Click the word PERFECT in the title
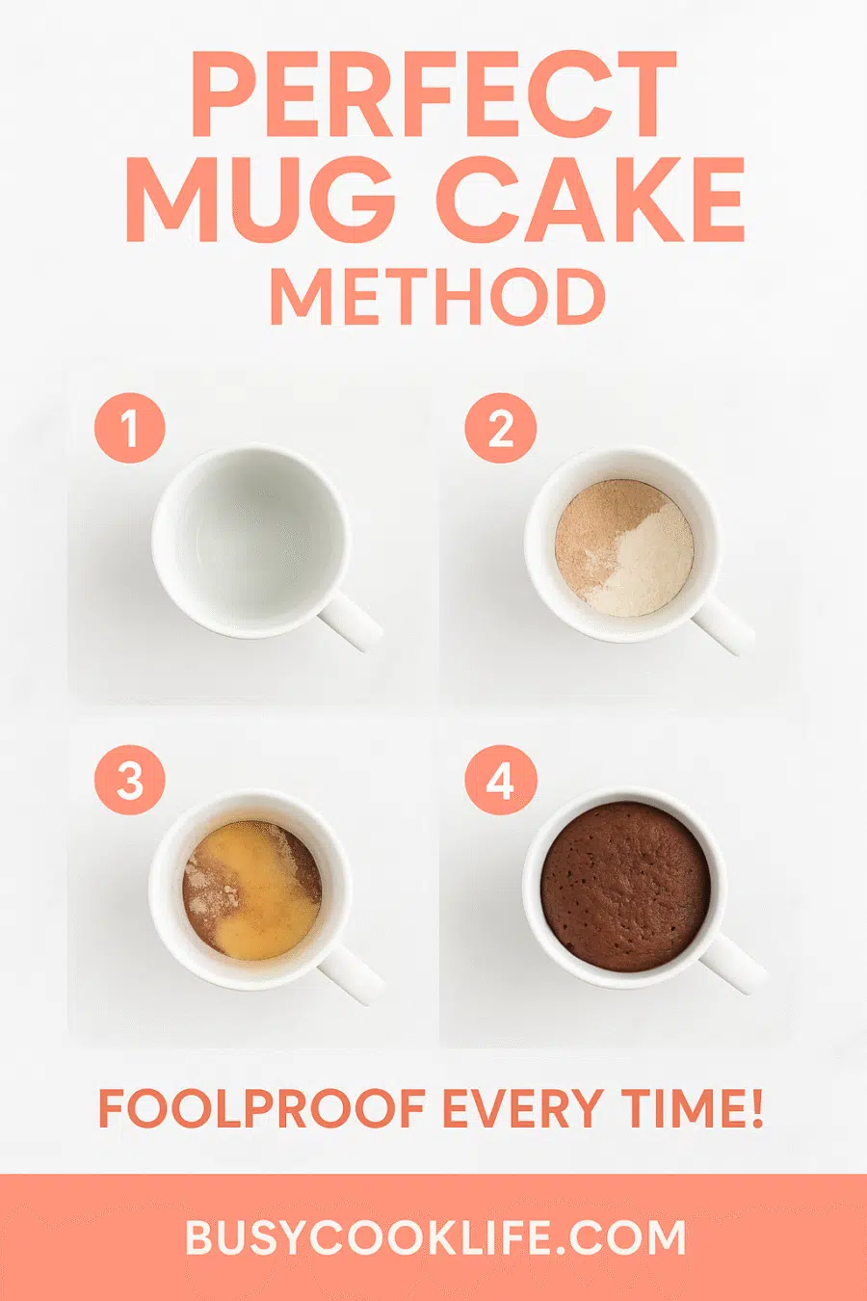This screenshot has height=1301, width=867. tap(433, 93)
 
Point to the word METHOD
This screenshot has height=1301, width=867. tap(437, 298)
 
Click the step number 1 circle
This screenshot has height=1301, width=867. tap(129, 428)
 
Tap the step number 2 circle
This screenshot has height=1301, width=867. tap(501, 428)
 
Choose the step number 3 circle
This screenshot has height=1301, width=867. tap(129, 780)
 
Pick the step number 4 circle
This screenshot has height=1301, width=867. tap(501, 780)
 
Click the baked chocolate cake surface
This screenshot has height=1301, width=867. tap(625, 887)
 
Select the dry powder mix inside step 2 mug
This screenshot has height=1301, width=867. tap(623, 547)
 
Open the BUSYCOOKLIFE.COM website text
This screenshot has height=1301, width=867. tap(435, 1237)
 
